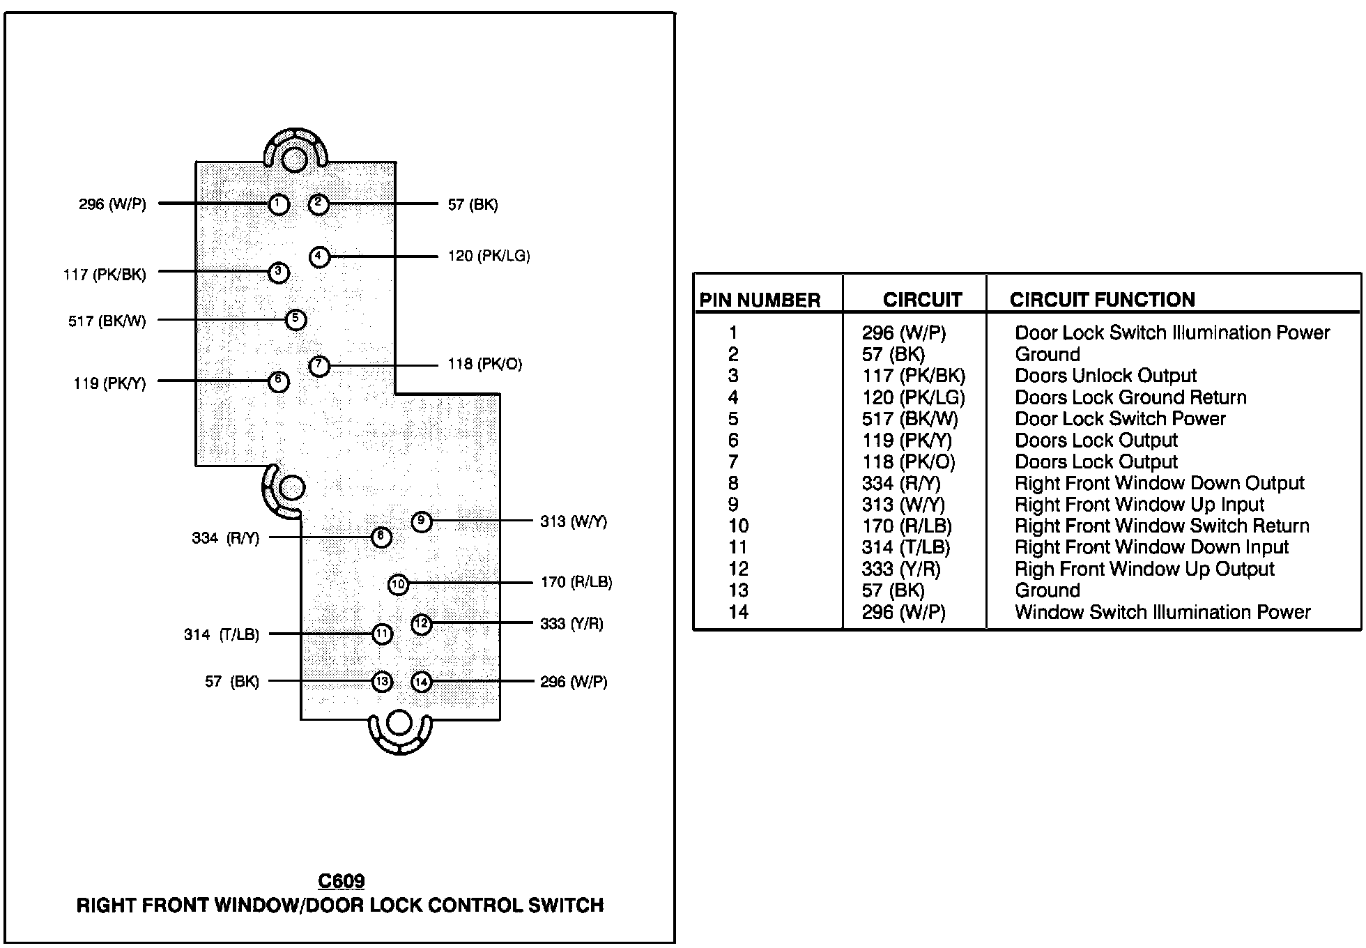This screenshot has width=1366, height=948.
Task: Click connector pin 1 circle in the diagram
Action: tap(279, 204)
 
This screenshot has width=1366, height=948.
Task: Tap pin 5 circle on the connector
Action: tap(296, 320)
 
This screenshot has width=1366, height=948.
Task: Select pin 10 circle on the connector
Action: tap(398, 584)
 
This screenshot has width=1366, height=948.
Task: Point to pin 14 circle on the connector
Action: tap(422, 682)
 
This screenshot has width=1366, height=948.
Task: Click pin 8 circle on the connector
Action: tap(381, 537)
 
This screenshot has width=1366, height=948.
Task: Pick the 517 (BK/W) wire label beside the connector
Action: tap(107, 321)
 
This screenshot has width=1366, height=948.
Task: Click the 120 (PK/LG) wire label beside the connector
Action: tap(489, 257)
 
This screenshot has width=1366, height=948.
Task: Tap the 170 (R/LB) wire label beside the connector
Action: tap(576, 582)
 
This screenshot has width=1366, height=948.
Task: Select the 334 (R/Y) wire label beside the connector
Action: tap(225, 538)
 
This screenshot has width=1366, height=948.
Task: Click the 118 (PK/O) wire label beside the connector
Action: tap(484, 364)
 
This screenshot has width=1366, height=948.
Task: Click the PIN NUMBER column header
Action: tap(760, 300)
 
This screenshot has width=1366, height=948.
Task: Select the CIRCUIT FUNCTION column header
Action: tap(1102, 300)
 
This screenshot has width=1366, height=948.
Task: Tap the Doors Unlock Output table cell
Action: tap(1105, 376)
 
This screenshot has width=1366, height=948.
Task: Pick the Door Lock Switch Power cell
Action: tap(1120, 419)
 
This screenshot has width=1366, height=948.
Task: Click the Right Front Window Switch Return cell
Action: tap(1162, 526)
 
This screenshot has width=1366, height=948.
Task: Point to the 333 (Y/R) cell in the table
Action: tap(901, 569)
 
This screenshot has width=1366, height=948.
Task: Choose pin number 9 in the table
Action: tap(734, 505)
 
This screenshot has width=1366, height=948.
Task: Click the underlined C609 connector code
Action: tap(341, 882)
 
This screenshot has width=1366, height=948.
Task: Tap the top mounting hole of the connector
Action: tap(295, 160)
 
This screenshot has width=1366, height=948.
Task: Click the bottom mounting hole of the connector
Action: tap(399, 724)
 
